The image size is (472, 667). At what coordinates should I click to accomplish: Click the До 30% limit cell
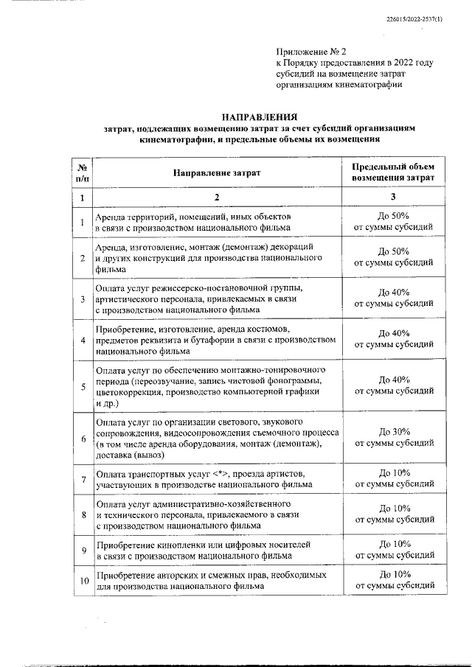(x=394, y=437)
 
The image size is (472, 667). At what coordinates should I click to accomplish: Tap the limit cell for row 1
(x=394, y=222)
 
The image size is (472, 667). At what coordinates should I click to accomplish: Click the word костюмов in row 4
(x=274, y=326)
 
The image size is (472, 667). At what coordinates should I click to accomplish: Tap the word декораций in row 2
(x=294, y=245)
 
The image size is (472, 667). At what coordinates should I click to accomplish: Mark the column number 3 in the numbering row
(x=393, y=198)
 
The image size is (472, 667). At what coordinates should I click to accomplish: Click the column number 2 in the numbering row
(x=217, y=198)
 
